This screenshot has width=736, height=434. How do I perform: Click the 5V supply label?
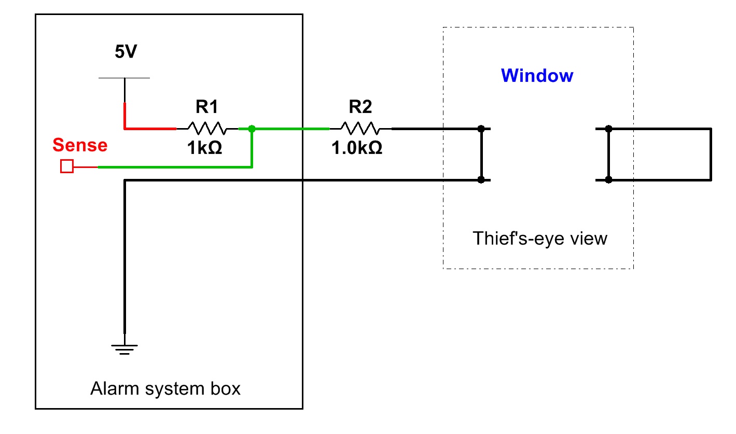click(126, 52)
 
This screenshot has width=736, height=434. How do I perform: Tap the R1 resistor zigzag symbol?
click(207, 128)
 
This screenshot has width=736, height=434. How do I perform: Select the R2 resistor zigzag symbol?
click(360, 128)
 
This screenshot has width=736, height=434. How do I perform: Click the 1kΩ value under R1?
click(205, 148)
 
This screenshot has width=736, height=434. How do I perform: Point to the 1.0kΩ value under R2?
click(357, 148)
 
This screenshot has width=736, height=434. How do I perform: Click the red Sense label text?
click(80, 145)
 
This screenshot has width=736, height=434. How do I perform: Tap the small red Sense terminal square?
click(67, 166)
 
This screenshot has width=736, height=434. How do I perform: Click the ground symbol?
click(124, 348)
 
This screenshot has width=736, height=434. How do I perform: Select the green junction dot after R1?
click(252, 128)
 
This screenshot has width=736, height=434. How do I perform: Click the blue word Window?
click(537, 76)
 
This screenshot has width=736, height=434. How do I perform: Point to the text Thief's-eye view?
click(539, 239)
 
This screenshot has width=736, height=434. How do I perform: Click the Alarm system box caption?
click(165, 388)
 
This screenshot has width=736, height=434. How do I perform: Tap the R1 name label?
click(207, 107)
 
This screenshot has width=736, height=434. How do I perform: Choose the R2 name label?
click(360, 107)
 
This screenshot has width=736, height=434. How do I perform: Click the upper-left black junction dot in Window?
click(481, 128)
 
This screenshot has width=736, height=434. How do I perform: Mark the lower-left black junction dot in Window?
click(481, 180)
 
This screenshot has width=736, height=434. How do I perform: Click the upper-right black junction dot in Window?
click(609, 128)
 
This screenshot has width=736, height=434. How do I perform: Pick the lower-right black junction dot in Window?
click(609, 180)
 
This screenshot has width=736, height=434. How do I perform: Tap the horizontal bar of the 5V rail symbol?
click(124, 78)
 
